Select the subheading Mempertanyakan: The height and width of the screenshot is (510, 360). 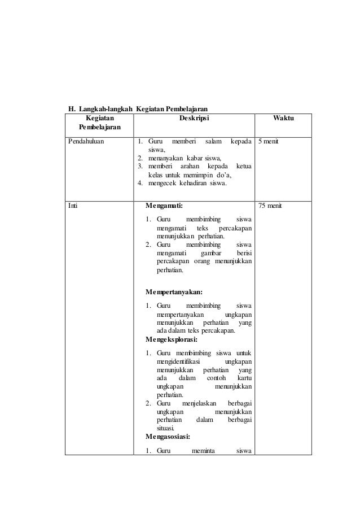(174, 292)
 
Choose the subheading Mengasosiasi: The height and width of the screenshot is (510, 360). (168, 436)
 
